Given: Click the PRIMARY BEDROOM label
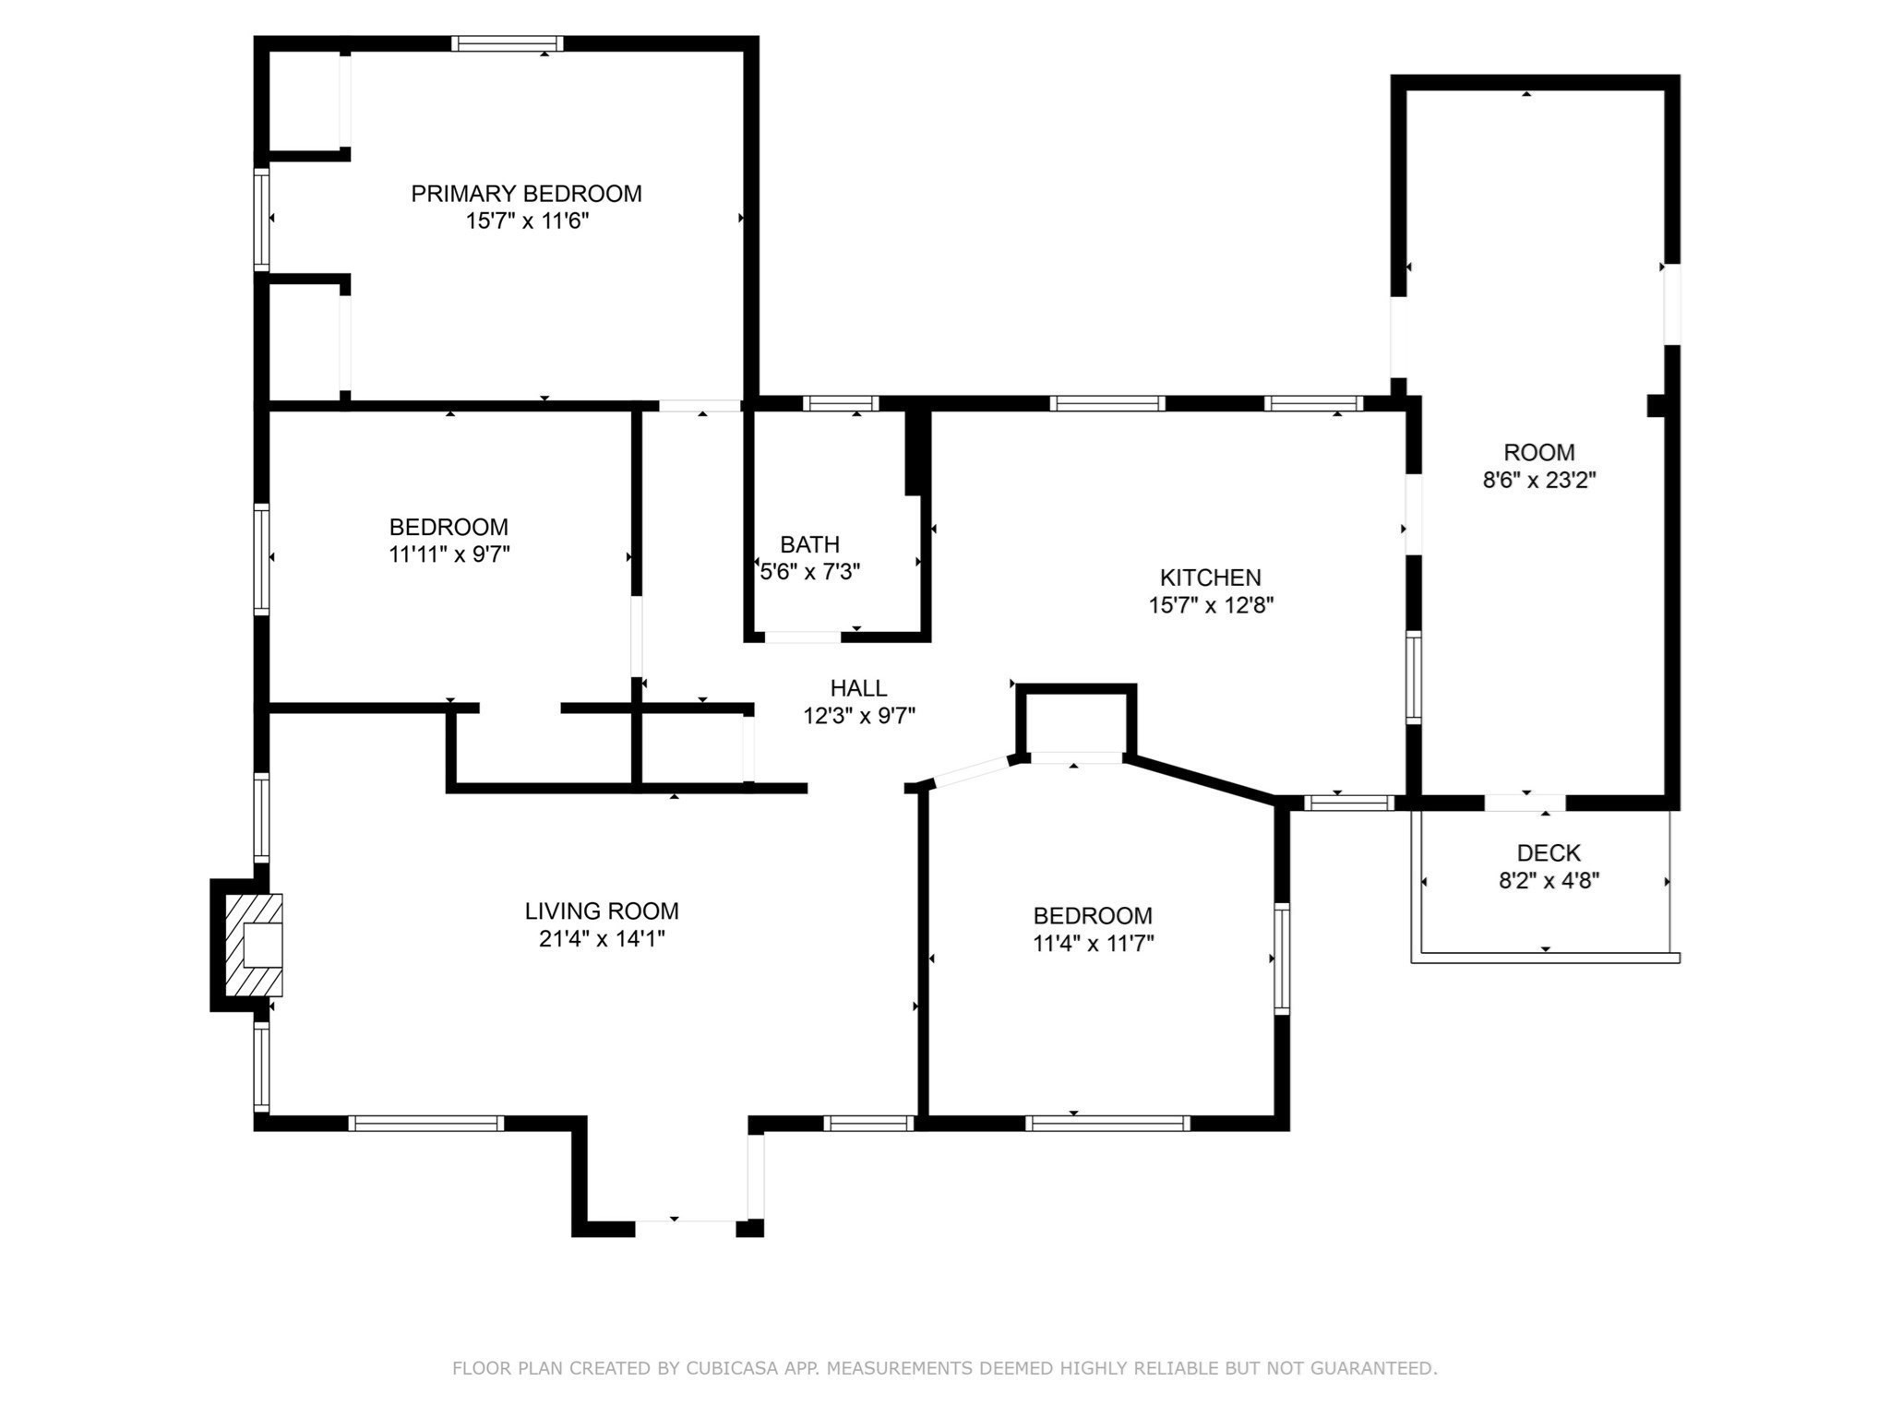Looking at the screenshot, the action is coord(526,194).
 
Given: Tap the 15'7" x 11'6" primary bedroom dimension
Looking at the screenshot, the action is coord(527,221).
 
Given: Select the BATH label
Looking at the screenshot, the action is coord(809,544).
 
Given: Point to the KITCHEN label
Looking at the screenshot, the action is coord(1210,578).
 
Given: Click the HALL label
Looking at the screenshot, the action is coord(858,688).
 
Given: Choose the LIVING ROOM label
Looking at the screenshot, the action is coord(602,911).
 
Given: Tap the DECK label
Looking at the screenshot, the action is coord(1549,853).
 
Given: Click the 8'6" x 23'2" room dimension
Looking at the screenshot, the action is coord(1539,481).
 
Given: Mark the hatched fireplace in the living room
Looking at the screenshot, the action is coord(254,945).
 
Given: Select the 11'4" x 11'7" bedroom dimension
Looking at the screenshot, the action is coord(1094,944).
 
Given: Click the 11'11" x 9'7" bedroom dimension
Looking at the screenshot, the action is coord(449,554).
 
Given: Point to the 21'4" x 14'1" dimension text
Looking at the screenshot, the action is coord(602,939).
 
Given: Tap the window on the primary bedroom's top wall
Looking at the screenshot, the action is coord(507,43).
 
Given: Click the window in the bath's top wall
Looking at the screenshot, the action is coord(840,403).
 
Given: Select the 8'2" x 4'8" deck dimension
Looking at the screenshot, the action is coord(1549,881).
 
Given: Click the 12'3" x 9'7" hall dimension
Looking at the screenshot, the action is coord(859,716).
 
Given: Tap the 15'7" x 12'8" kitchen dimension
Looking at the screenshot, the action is coord(1211,605).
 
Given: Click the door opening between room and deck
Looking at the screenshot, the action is coord(1525,803).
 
